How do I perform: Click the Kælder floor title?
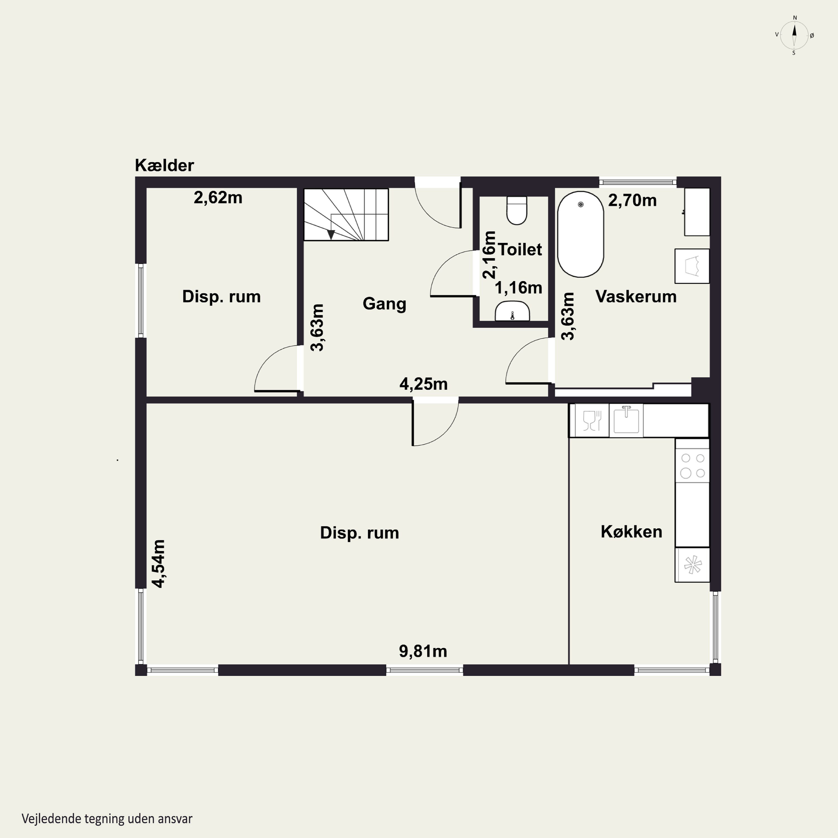pos(165,165)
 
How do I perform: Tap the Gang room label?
pos(384,304)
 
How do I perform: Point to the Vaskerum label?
pos(636,297)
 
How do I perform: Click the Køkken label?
pos(632,532)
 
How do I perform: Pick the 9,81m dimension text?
pos(423,651)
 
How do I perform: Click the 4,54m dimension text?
pos(158,564)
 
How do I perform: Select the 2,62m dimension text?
pos(218,198)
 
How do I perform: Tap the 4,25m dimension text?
pos(423,384)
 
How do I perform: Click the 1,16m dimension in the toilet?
pos(518,288)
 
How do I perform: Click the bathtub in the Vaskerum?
pos(580,234)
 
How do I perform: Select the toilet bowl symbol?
pos(516,210)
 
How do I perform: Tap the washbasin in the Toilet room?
pos(512,311)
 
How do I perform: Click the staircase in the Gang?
pos(346,214)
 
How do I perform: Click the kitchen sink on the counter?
pos(626,420)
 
